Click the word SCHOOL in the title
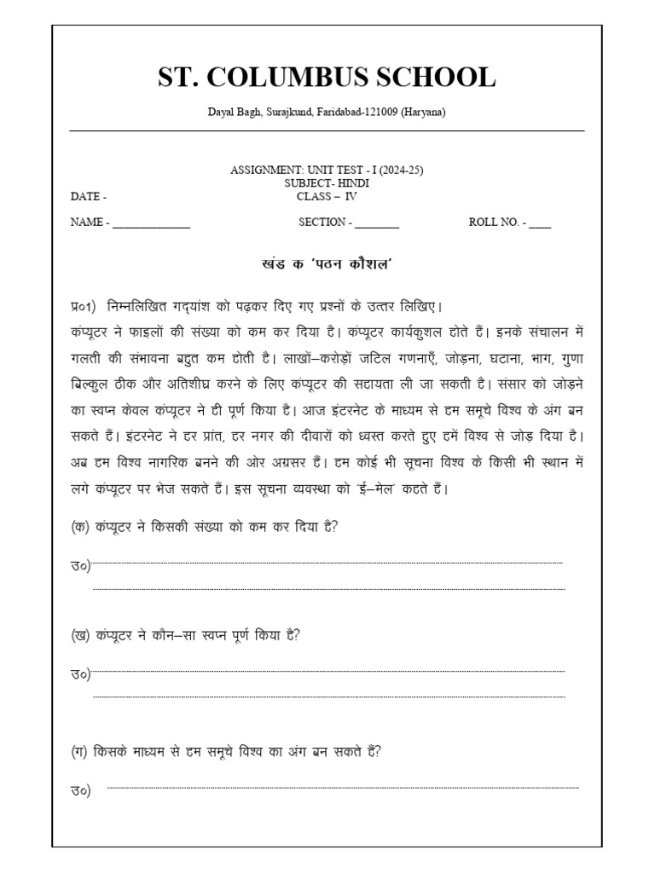440,78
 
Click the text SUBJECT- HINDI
327,183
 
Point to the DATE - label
89,196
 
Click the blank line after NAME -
151,224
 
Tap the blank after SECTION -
377,224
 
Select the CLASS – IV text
327,196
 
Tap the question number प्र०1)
86,307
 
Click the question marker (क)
81,526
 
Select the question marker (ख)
82,635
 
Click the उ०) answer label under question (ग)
81,791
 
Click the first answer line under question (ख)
327,672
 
